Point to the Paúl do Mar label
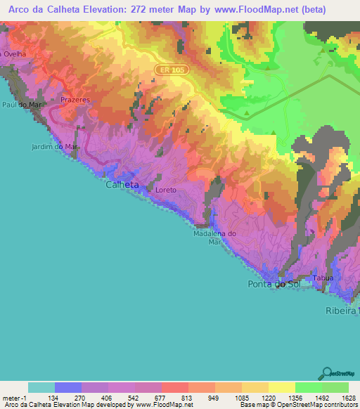pyautogui.click(x=19, y=105)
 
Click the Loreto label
pyautogui.click(x=166, y=190)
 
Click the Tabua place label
pyautogui.click(x=323, y=278)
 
